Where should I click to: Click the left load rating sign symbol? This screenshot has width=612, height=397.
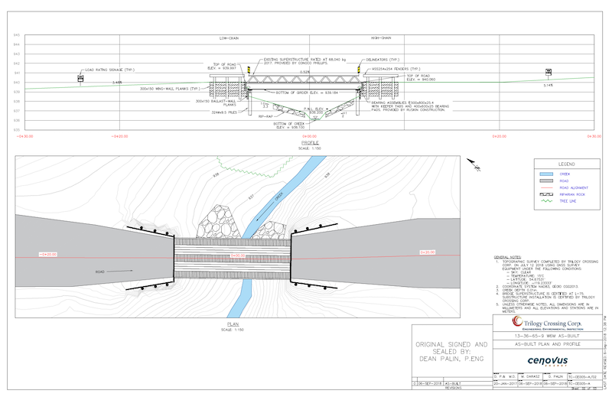[x=80, y=77]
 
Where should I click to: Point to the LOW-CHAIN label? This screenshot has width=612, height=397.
[x=230, y=38]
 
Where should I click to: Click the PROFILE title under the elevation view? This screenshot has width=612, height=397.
[x=310, y=142]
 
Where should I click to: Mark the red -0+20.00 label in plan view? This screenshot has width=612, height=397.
[x=47, y=253]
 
